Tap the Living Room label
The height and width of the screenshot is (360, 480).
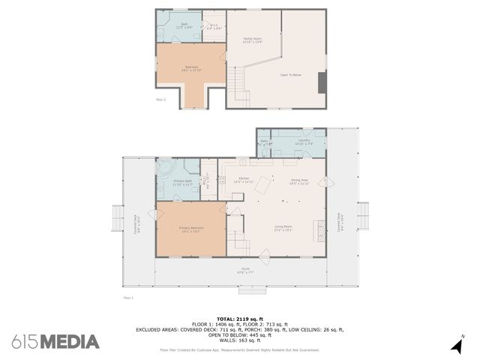click(283, 228)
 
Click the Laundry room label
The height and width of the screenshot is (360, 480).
click(304, 141)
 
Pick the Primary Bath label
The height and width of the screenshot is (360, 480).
click(183, 183)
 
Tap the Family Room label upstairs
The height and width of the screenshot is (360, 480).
click(252, 40)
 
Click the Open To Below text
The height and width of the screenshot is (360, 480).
click(291, 75)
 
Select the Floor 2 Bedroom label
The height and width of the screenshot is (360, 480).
click(191, 68)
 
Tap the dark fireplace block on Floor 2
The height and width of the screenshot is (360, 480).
click(322, 82)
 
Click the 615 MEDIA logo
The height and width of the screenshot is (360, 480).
click(55, 342)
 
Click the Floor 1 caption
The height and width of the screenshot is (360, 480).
click(127, 298)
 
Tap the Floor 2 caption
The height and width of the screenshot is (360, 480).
click(160, 98)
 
